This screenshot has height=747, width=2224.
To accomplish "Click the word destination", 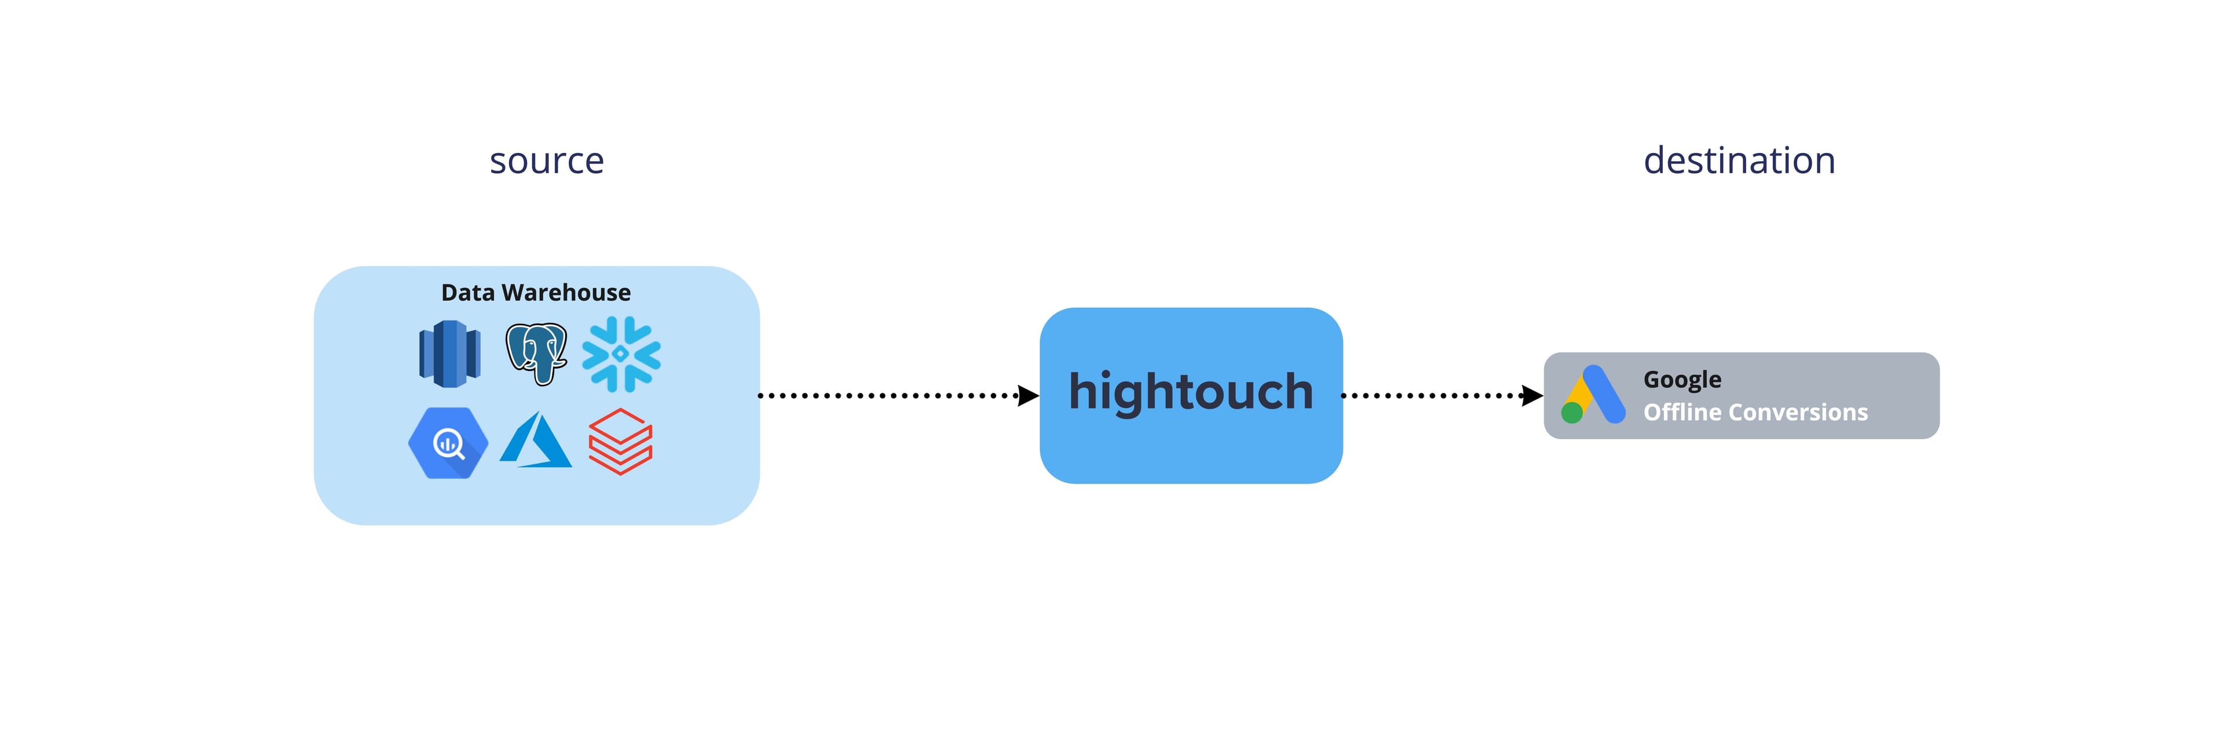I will tap(1739, 161).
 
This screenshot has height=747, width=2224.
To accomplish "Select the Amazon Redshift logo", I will tap(449, 353).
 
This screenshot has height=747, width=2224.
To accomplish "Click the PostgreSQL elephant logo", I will tap(536, 353).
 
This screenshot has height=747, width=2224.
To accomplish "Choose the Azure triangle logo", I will tap(536, 440).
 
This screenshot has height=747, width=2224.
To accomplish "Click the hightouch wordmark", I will tap(1191, 392).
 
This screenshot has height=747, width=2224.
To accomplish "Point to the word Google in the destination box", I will tap(1682, 380).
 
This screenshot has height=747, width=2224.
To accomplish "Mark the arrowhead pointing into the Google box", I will tap(1532, 395).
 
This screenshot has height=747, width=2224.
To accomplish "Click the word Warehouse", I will tap(566, 293).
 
